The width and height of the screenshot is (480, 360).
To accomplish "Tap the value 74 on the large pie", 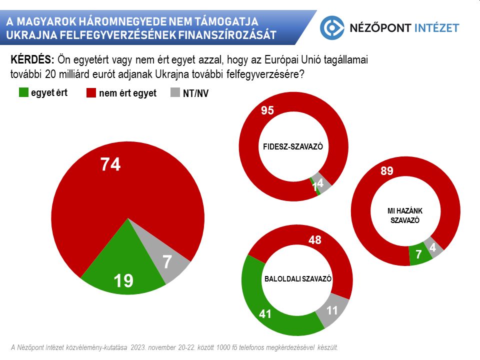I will pyautogui.click(x=110, y=164).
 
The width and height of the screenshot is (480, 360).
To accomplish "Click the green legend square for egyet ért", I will pyautogui.click(x=23, y=92).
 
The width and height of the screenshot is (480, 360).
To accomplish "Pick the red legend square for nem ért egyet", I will pyautogui.click(x=91, y=93).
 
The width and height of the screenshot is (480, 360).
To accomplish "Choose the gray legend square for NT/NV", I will pyautogui.click(x=175, y=93).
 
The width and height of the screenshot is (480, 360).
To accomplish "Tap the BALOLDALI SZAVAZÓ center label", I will pyautogui.click(x=297, y=279).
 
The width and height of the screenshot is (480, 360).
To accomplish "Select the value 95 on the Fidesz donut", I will pyautogui.click(x=267, y=111).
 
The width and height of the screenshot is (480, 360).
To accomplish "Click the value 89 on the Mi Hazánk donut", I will pyautogui.click(x=387, y=171).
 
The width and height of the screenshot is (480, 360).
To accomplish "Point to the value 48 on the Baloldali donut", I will pyautogui.click(x=314, y=240).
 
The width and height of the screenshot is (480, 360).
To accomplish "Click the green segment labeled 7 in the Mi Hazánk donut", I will pyautogui.click(x=419, y=255).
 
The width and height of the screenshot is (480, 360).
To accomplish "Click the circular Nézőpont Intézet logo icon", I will pyautogui.click(x=332, y=28).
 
